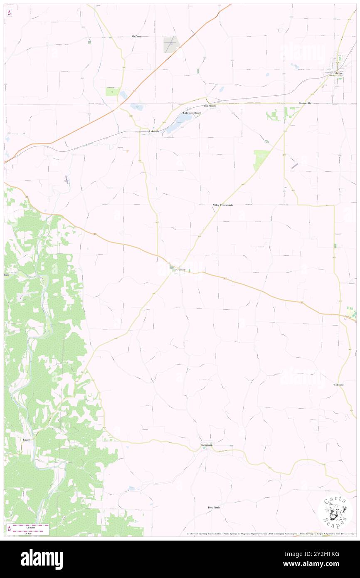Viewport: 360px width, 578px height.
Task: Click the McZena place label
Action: tap(136, 37)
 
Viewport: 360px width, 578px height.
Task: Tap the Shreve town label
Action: tap(339, 73)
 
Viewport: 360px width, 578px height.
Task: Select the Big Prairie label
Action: tap(210, 106)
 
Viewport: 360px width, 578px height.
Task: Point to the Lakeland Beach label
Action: tap(192, 113)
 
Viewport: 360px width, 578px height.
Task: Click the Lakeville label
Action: tap(154, 131)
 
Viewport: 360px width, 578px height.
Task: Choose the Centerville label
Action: tap(305, 103)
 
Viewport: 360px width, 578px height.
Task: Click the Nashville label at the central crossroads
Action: tap(180, 270)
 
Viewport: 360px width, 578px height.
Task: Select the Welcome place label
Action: tap(338, 385)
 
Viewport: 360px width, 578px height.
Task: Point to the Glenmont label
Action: tap(206, 445)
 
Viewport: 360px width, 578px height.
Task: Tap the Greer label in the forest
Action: tap(27, 440)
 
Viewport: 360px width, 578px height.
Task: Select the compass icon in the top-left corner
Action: tap(10, 13)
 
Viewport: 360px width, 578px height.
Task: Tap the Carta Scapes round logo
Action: tap(335, 512)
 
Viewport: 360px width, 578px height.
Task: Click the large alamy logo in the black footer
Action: tap(42, 559)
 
